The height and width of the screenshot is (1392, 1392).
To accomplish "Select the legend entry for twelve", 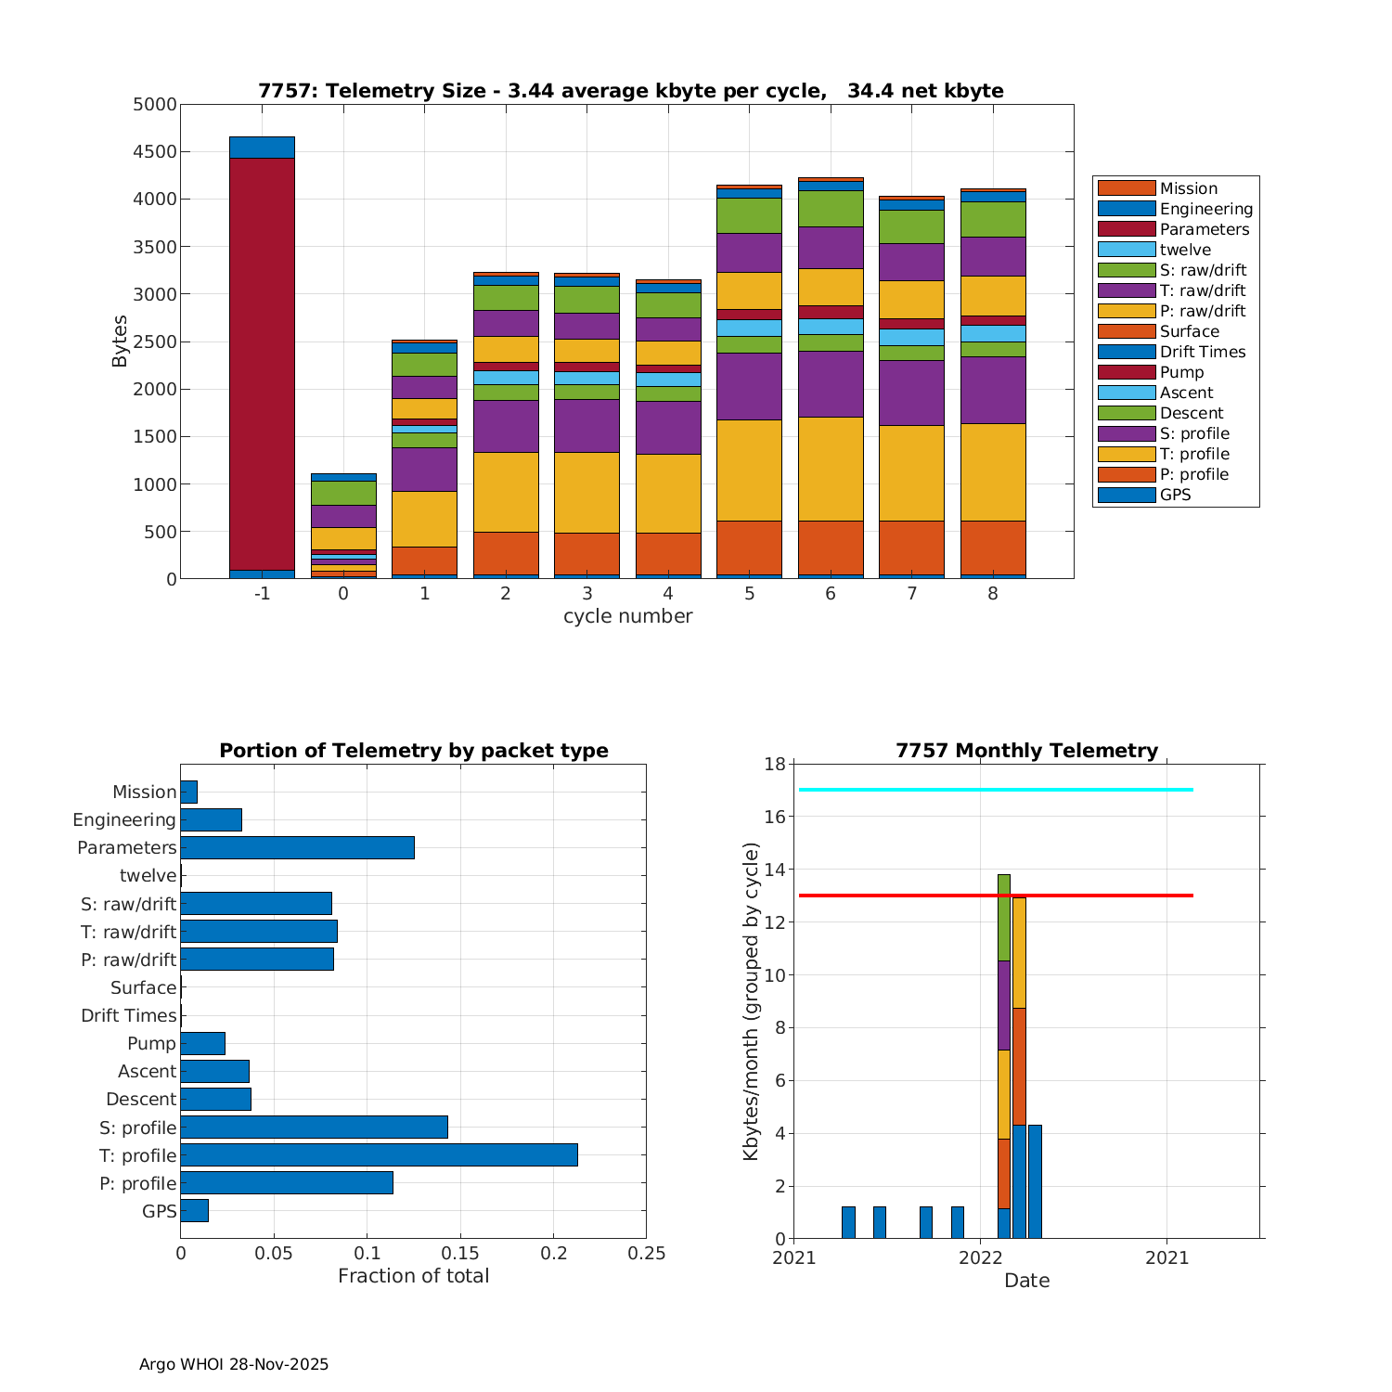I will (x=1185, y=250).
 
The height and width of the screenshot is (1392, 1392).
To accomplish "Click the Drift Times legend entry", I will (x=1202, y=352).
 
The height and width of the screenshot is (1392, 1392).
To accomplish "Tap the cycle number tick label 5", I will (x=749, y=594).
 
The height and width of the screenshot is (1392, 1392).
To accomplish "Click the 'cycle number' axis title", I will (x=627, y=616).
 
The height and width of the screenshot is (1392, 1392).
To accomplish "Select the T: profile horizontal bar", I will (x=379, y=1154).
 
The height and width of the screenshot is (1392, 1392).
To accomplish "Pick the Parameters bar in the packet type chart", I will (x=297, y=847).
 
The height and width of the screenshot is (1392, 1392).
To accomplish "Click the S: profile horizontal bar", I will (x=314, y=1127).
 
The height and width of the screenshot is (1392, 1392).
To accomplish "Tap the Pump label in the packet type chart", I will (x=151, y=1043).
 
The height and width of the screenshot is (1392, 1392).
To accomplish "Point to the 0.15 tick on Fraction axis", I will (x=460, y=1254).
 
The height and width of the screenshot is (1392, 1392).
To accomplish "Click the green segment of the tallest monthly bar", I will (x=1004, y=917).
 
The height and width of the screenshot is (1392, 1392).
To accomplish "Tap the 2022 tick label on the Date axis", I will (x=980, y=1258).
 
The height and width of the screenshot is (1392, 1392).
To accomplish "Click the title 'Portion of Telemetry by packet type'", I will (x=414, y=751).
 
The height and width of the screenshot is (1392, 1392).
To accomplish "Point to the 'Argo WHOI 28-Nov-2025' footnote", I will (x=234, y=1364).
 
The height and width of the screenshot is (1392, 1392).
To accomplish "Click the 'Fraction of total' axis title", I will (x=413, y=1276).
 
